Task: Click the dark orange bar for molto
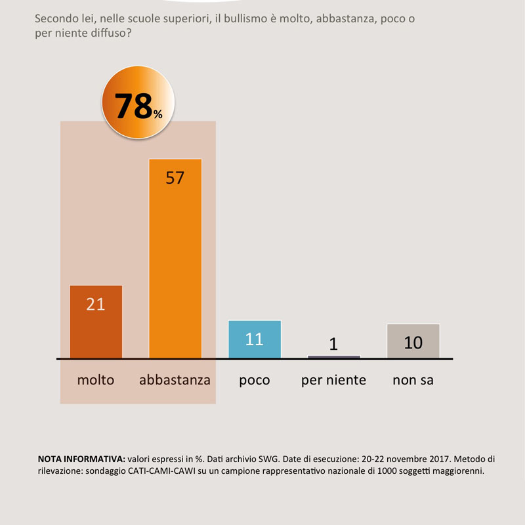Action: pyautogui.click(x=96, y=328)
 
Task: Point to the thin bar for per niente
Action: pyautogui.click(x=333, y=356)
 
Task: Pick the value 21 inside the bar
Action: pyautogui.click(x=96, y=304)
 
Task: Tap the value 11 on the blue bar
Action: pyautogui.click(x=254, y=339)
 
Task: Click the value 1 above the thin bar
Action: pyautogui.click(x=333, y=344)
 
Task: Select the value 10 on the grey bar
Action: pyautogui.click(x=413, y=342)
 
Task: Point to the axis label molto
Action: pyautogui.click(x=96, y=380)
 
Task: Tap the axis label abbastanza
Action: pyautogui.click(x=175, y=380)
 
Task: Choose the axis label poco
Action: pyautogui.click(x=254, y=380)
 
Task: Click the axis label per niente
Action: pyautogui.click(x=333, y=380)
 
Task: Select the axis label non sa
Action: pyautogui.click(x=413, y=380)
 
